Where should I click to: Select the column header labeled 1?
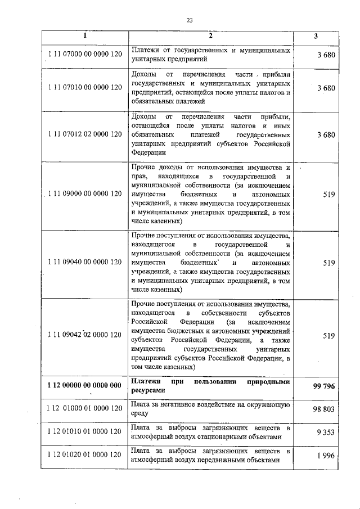click(85, 36)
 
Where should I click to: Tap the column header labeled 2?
click(210, 36)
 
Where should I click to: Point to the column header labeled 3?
click(316, 36)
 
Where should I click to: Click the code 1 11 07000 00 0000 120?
click(85, 54)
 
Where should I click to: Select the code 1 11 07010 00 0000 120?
click(85, 88)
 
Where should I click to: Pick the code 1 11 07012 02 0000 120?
click(85, 134)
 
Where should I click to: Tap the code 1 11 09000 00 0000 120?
click(85, 194)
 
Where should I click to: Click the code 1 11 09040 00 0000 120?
click(85, 262)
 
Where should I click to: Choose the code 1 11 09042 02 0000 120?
click(85, 335)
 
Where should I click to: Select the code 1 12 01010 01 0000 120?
click(85, 431)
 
